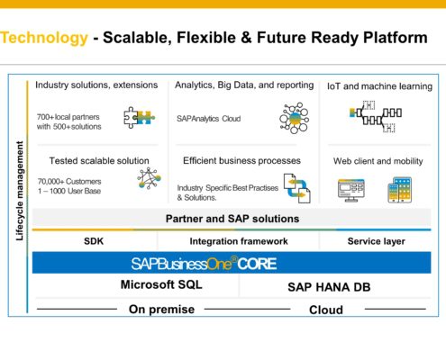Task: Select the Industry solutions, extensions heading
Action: [96, 85]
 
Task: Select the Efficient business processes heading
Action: [241, 161]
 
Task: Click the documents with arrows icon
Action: [296, 187]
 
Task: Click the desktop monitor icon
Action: [350, 189]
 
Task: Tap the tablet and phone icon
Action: [400, 189]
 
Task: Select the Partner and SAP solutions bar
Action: [232, 219]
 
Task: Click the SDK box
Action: [95, 241]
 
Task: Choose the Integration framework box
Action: [239, 241]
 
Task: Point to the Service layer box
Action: [377, 241]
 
